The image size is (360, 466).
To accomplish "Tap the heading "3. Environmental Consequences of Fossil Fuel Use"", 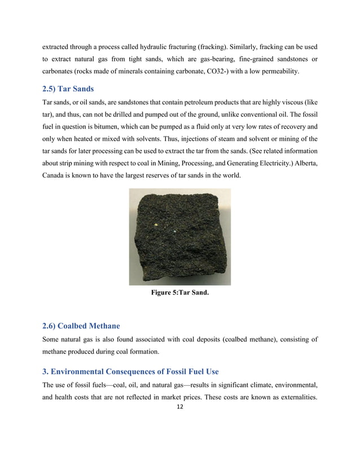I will [x=130, y=371].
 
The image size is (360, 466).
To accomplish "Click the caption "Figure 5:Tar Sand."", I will [x=179, y=293].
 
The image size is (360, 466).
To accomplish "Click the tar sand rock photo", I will [x=179, y=236].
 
